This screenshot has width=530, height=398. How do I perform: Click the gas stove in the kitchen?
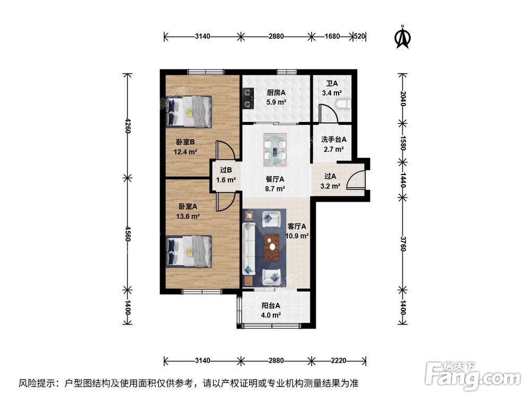(x=247, y=97)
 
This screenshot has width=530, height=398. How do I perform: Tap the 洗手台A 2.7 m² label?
(x=334, y=145)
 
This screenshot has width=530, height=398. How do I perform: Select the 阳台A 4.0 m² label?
(x=271, y=310)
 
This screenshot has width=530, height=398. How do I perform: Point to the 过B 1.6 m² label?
(x=225, y=175)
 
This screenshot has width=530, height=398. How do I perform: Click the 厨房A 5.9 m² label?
(x=276, y=97)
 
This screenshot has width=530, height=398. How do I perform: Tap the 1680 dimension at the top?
(x=332, y=37)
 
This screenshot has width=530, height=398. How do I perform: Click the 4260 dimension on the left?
(x=127, y=125)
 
